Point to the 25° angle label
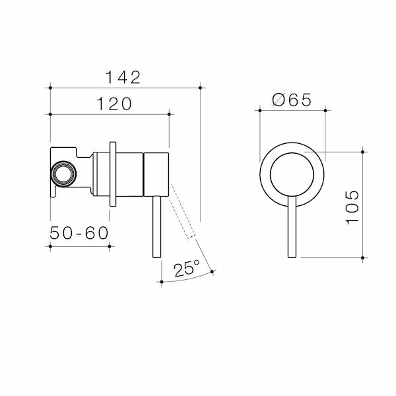tap(187, 269)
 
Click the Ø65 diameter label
tap(291, 100)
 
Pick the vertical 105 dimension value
tap(353, 206)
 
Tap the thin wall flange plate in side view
tap(114, 174)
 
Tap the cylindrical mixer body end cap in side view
tap(157, 174)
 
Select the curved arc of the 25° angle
tap(188, 279)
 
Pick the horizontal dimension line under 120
tap(110, 114)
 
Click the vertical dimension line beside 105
tap(363, 205)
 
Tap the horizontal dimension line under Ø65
tap(293, 111)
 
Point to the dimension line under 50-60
tap(80, 246)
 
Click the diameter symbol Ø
tap(278, 100)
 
